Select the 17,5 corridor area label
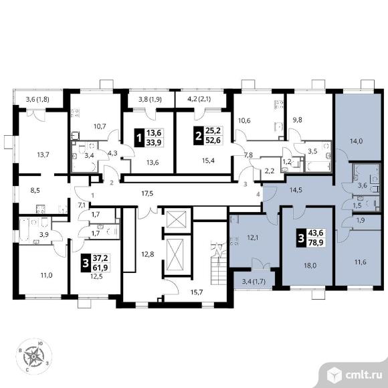[x=147, y=193]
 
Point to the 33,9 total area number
[x=154, y=142]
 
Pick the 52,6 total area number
[x=213, y=140]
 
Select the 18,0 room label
[x=310, y=266]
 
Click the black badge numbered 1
[x=139, y=138]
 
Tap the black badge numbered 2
[x=198, y=136]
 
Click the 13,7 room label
[x=43, y=155]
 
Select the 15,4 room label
[x=208, y=161]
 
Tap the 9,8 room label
[x=297, y=120]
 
